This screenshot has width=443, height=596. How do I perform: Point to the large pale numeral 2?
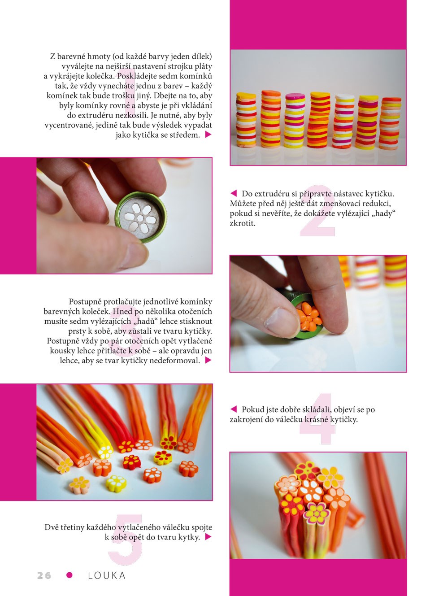318,210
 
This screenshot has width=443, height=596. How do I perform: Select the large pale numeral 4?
317,418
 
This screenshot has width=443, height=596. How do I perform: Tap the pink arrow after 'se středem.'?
208,135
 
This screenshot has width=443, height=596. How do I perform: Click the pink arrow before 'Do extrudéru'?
234,193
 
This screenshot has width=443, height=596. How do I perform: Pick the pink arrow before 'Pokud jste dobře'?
234,409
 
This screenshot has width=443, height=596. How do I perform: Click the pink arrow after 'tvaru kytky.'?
208,537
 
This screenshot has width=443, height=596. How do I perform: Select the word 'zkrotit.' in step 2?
242,223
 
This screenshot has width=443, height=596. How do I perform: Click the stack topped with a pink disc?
295,120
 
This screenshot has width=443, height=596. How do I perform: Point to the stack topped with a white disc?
343,121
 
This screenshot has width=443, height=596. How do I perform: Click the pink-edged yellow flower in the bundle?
317,513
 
